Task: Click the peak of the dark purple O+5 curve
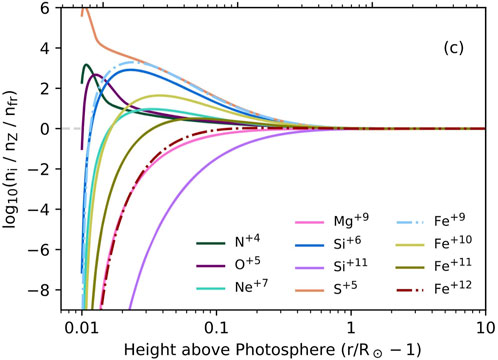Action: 96,75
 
